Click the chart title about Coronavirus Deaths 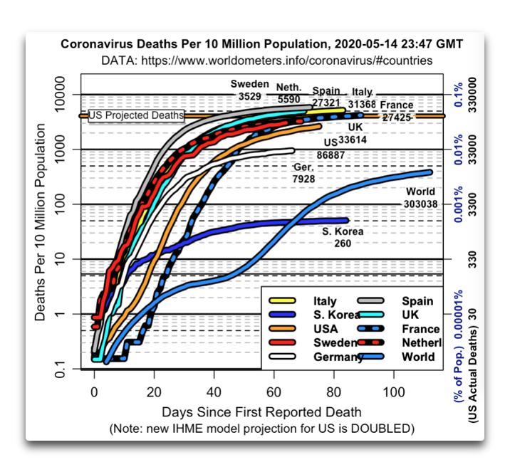point(261,44)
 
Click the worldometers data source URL point(267,61)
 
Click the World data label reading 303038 point(421,197)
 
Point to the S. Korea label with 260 point(343,237)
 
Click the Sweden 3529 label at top point(249,88)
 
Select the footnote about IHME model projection point(262,430)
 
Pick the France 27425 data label point(396,110)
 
